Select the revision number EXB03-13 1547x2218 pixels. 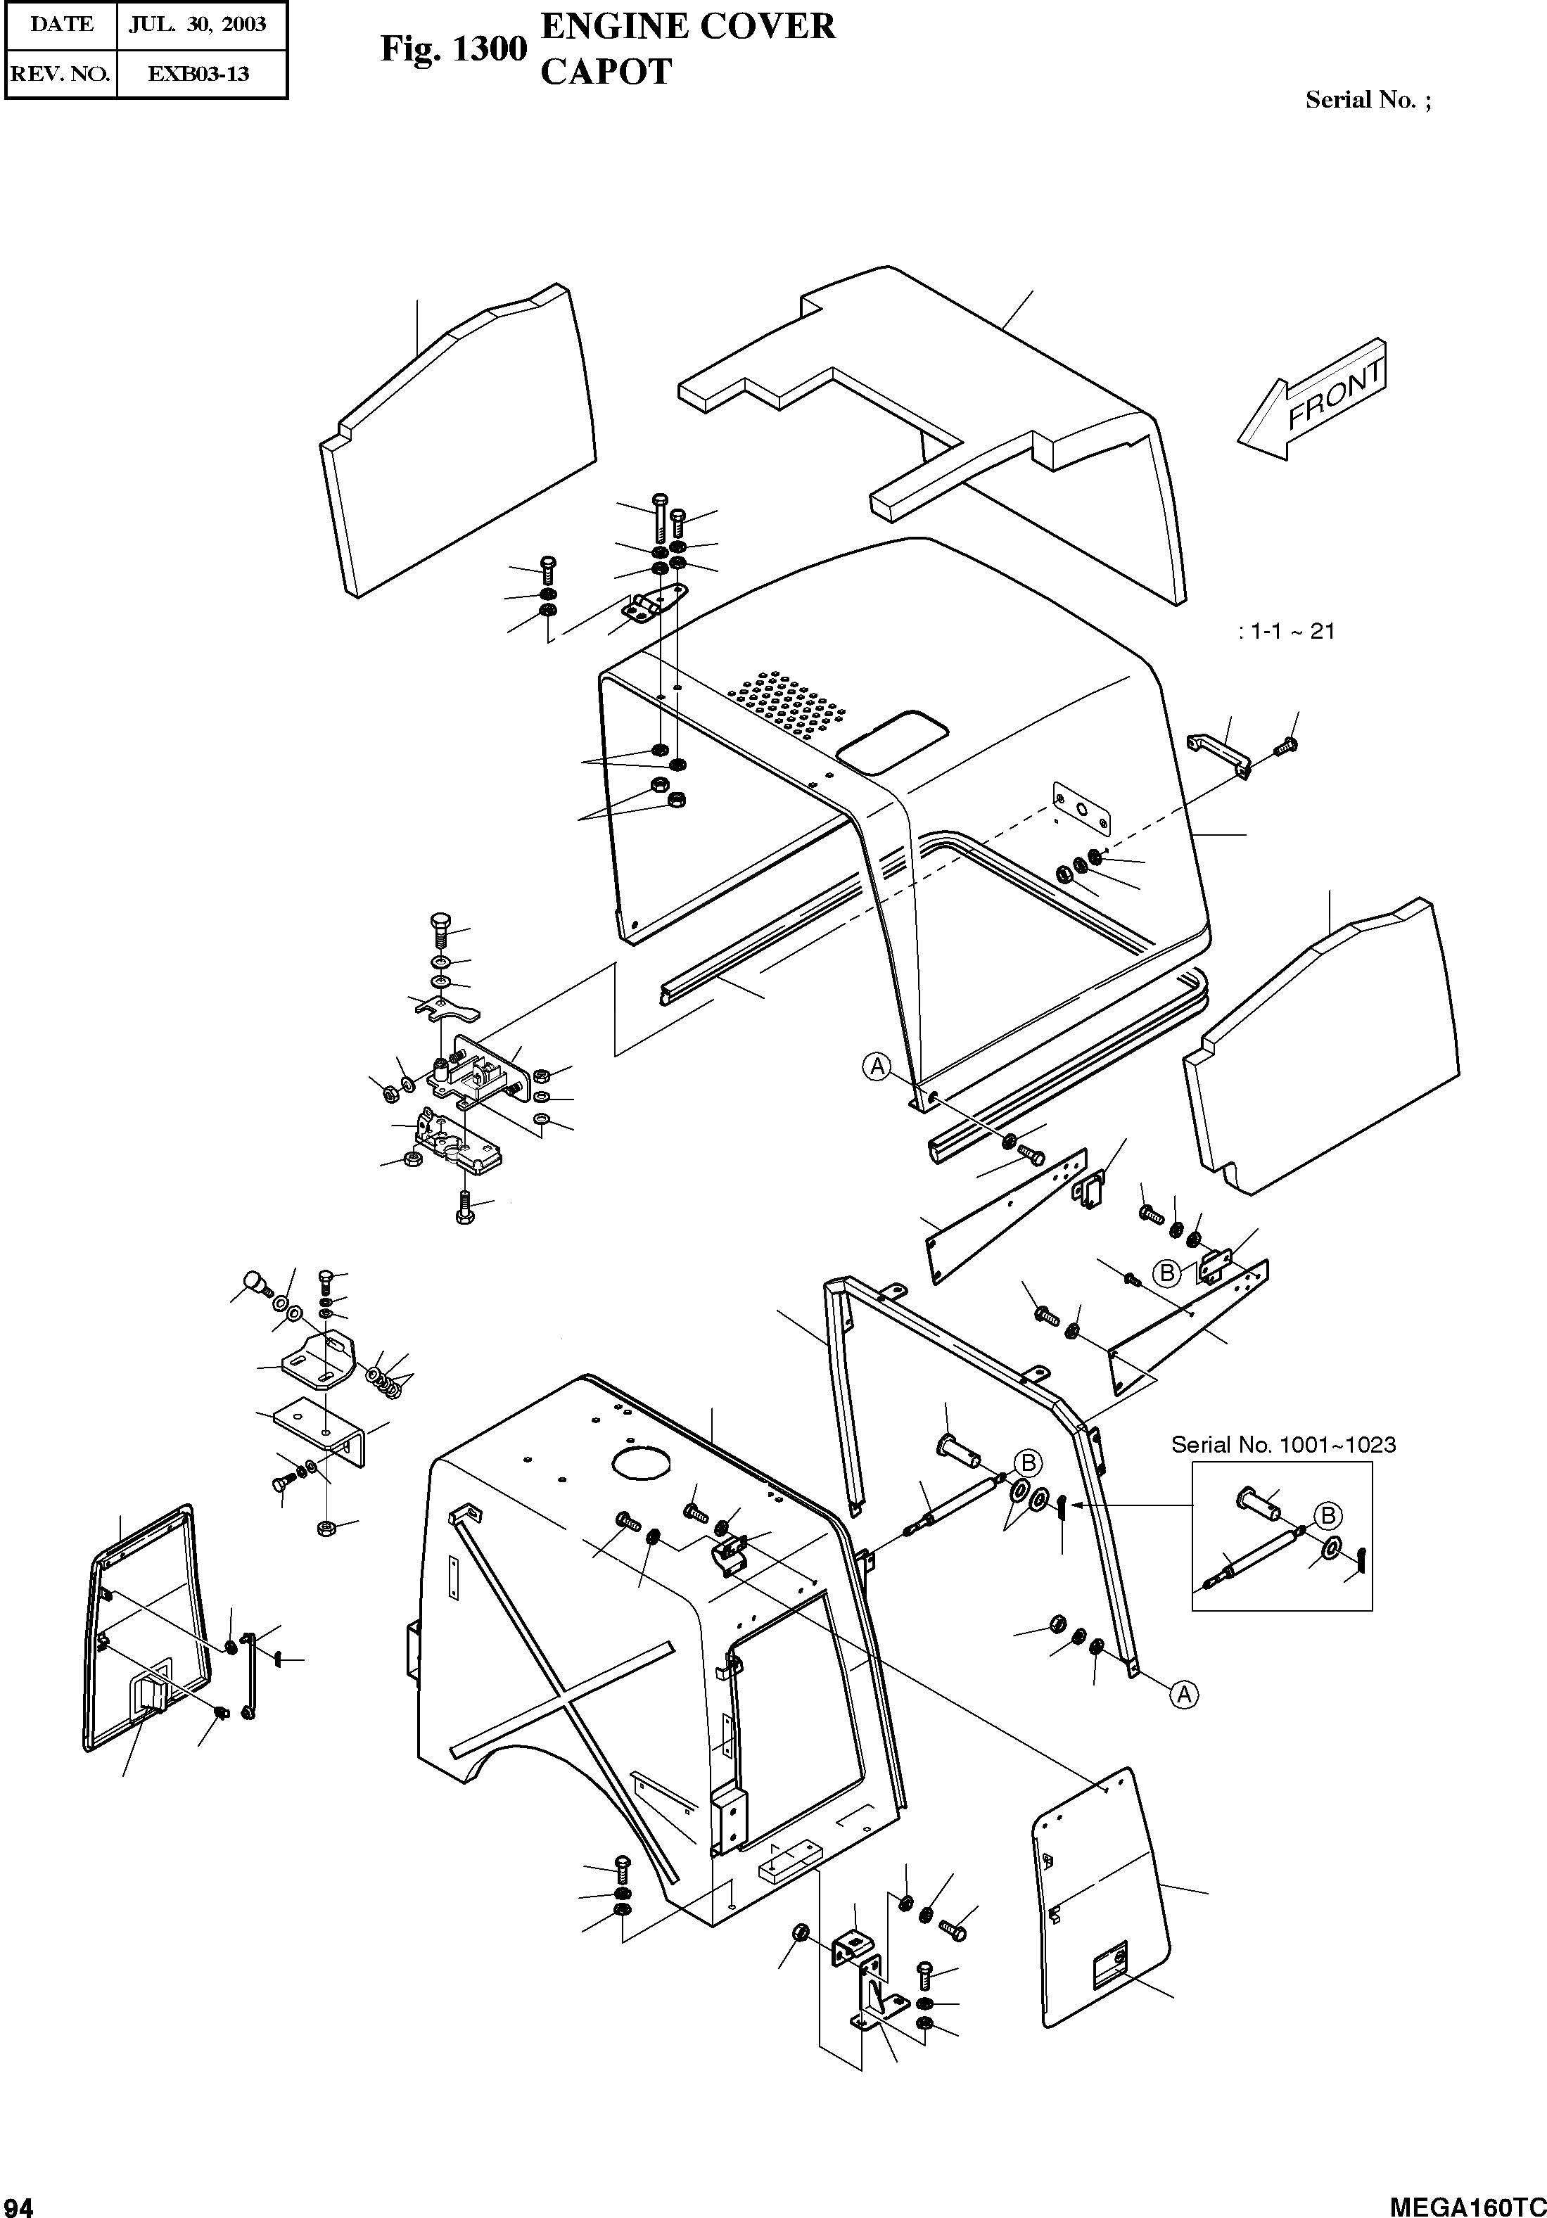[x=198, y=73]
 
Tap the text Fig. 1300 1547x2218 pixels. [x=452, y=49]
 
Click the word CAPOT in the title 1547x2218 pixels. [x=605, y=72]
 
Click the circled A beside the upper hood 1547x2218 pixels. [x=877, y=1066]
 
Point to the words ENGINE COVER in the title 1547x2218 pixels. [x=687, y=26]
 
